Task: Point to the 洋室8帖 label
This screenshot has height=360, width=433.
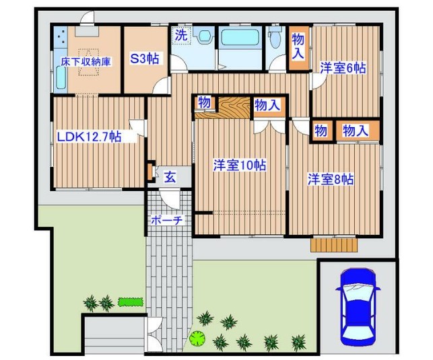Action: (x=331, y=180)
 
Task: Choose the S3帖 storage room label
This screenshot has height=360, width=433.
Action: (x=145, y=59)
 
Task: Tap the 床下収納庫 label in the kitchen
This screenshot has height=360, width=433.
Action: (x=86, y=61)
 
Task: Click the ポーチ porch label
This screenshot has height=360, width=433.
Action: (x=164, y=220)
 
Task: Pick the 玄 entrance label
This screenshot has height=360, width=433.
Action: (x=170, y=178)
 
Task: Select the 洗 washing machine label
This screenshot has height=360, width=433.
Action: (x=180, y=35)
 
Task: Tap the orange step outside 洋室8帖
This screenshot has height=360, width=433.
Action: (x=333, y=244)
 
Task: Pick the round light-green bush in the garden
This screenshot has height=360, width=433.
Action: (x=197, y=337)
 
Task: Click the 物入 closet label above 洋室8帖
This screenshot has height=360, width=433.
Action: (x=356, y=131)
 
